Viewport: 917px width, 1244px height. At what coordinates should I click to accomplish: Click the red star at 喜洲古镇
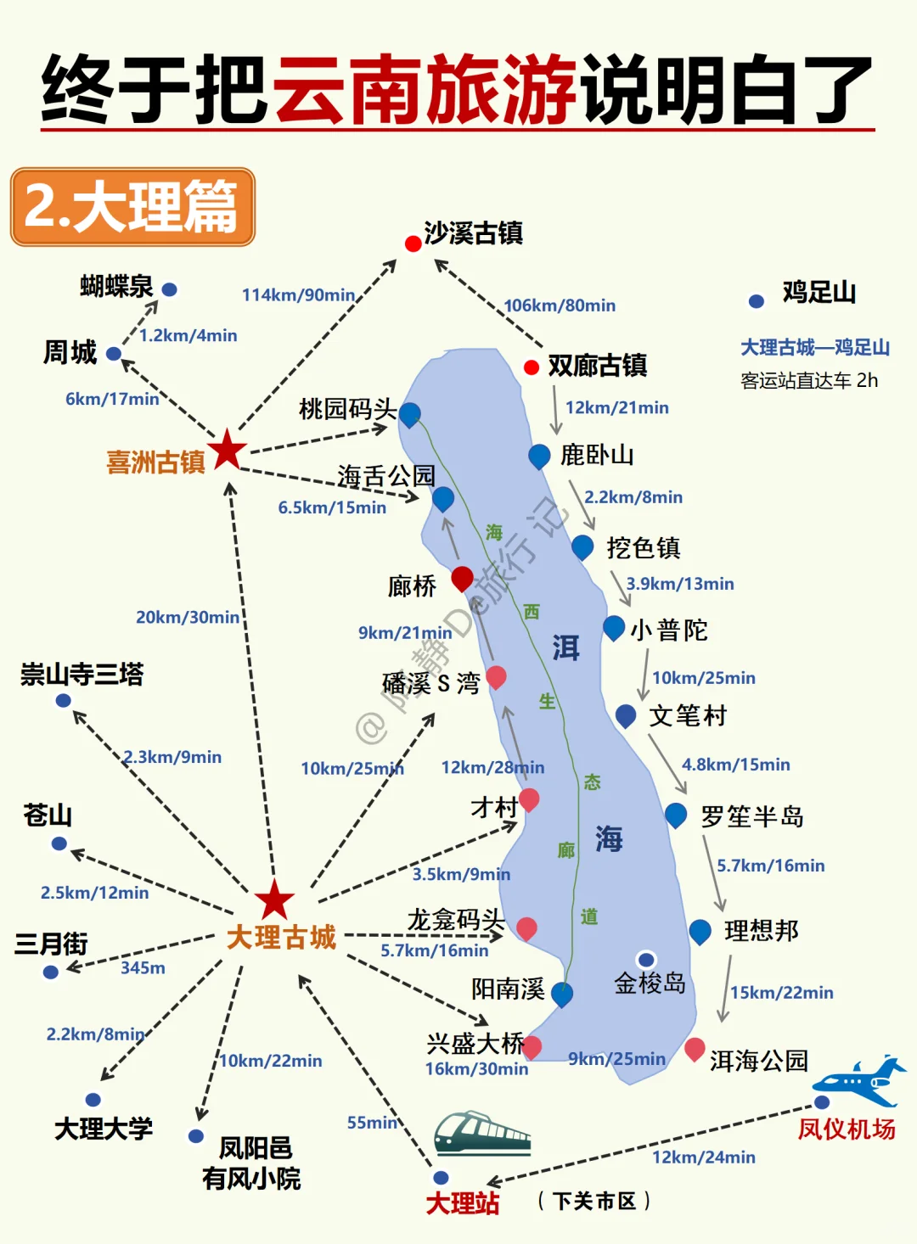click(x=228, y=450)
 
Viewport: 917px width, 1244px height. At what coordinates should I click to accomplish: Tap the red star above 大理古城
click(x=274, y=900)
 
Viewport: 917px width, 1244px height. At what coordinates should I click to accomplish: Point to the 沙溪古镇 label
click(x=473, y=233)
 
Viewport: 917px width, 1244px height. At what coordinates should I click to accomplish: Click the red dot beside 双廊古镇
click(x=532, y=367)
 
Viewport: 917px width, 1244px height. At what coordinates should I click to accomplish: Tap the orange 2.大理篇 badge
click(x=132, y=207)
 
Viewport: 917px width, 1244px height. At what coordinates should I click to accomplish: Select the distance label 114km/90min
click(x=298, y=295)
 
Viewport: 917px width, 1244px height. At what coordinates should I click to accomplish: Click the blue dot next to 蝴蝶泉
click(x=170, y=289)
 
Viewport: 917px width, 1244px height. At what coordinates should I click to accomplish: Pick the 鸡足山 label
click(x=819, y=293)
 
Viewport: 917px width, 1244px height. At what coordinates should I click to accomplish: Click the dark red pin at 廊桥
click(x=462, y=578)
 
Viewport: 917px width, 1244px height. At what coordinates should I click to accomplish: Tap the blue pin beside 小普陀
click(x=613, y=627)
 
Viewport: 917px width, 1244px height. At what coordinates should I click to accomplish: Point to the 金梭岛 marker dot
click(x=646, y=960)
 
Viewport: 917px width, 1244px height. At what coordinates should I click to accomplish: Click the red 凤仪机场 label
click(x=846, y=1129)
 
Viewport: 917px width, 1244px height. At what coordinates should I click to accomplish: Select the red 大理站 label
click(x=462, y=1203)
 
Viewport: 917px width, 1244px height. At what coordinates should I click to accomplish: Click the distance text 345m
click(x=143, y=968)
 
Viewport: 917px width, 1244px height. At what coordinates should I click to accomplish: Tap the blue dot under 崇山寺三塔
click(x=63, y=701)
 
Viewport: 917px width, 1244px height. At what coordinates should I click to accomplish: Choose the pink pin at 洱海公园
click(x=695, y=1048)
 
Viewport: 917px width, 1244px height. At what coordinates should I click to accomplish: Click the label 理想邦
click(x=762, y=931)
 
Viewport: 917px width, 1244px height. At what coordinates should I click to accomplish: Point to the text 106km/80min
click(x=560, y=305)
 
